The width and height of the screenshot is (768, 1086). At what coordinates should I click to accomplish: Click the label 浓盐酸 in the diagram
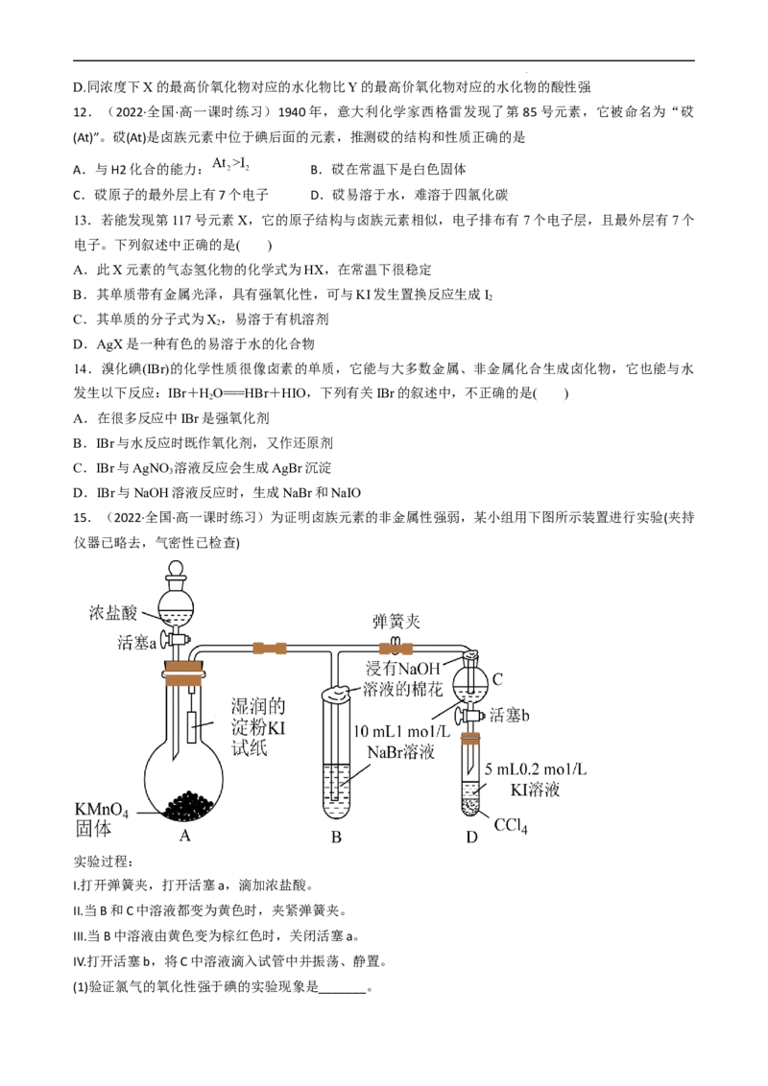click(113, 612)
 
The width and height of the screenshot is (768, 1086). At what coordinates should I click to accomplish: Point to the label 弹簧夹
click(396, 622)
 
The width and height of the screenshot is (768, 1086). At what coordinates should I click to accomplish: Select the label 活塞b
click(510, 715)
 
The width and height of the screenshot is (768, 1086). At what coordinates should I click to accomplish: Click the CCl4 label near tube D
click(511, 826)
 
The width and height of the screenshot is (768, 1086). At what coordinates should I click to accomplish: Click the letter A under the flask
click(185, 836)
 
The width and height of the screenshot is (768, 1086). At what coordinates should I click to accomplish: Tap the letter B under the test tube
click(336, 837)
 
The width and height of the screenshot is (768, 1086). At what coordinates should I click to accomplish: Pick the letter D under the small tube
click(472, 837)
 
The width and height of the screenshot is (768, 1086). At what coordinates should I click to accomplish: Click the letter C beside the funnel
click(497, 679)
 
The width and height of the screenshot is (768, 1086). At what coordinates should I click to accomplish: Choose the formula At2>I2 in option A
click(230, 164)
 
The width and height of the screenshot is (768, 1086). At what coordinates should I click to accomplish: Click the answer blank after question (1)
click(343, 987)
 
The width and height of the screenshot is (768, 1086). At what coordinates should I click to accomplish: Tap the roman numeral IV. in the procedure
click(80, 961)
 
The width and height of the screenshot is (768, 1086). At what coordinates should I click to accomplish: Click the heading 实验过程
click(102, 861)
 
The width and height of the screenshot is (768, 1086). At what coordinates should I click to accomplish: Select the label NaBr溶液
click(400, 752)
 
